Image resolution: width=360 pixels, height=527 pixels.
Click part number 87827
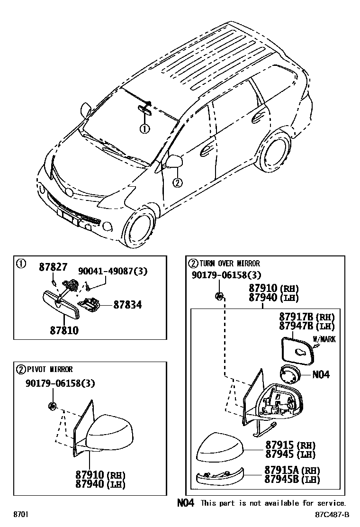[x=53, y=267]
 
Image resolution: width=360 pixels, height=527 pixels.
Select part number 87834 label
[x=127, y=305]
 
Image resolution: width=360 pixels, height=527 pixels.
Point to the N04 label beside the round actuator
[x=321, y=374]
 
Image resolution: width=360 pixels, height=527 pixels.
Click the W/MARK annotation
[x=324, y=339]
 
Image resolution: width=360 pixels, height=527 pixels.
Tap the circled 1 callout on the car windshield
[x=144, y=128]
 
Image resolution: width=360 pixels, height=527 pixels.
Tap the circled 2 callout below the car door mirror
[x=177, y=182]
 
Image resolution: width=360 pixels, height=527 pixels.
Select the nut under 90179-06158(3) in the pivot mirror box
[x=53, y=406]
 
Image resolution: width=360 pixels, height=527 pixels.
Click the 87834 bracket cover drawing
[x=90, y=303]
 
